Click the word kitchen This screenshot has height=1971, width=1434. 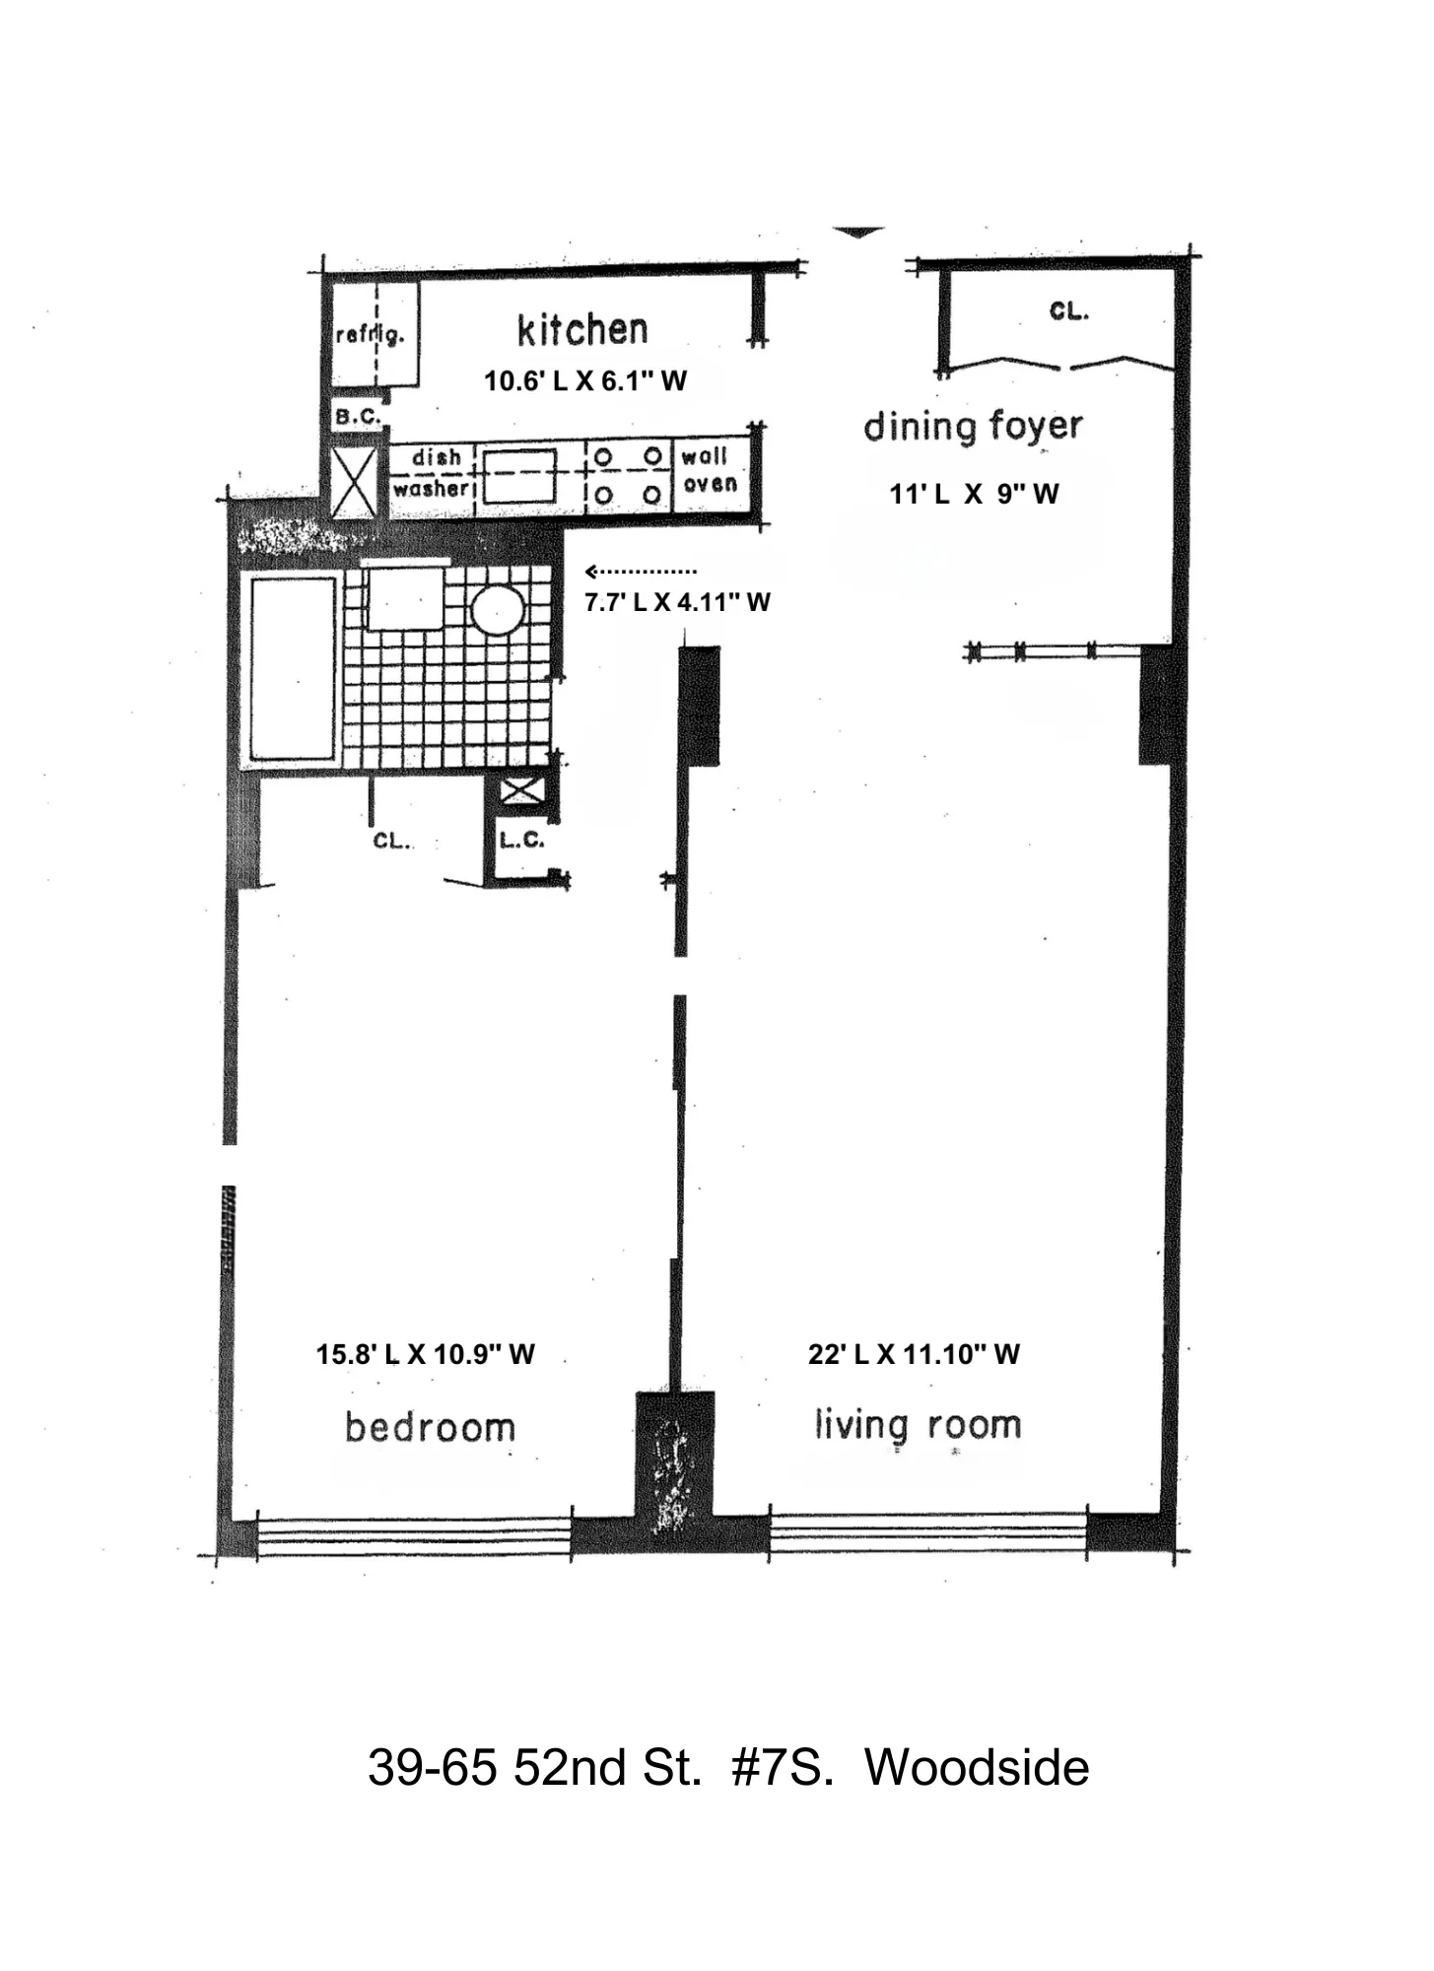point(582,330)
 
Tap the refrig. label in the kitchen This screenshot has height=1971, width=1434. point(370,335)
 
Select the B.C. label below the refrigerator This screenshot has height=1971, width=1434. point(357,417)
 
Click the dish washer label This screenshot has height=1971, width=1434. point(432,473)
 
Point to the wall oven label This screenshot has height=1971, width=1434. point(708,470)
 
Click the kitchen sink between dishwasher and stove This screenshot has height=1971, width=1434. point(518,475)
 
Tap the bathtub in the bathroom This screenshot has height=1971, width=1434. point(293,669)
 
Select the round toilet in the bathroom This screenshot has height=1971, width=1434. point(497,610)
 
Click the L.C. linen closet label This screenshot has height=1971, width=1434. point(521,841)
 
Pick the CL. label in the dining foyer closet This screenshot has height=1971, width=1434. point(1068,311)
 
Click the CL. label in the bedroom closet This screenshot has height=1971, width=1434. point(390,841)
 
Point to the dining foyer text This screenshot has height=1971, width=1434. point(973,427)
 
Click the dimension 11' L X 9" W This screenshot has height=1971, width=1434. point(973,495)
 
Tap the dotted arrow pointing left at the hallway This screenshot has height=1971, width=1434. point(641,572)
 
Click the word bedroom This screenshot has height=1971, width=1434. point(430,1427)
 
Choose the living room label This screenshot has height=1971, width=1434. point(917,1425)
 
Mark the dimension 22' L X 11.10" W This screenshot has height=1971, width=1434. point(913,1354)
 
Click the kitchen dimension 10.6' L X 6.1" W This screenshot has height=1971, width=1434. point(584,381)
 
